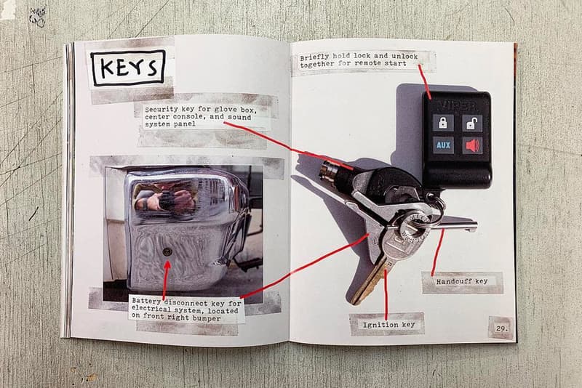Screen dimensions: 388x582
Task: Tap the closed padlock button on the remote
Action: [443, 123]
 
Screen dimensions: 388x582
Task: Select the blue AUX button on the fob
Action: [443, 145]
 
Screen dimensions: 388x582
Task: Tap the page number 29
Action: [501, 328]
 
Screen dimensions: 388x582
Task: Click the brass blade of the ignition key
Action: [367, 283]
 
